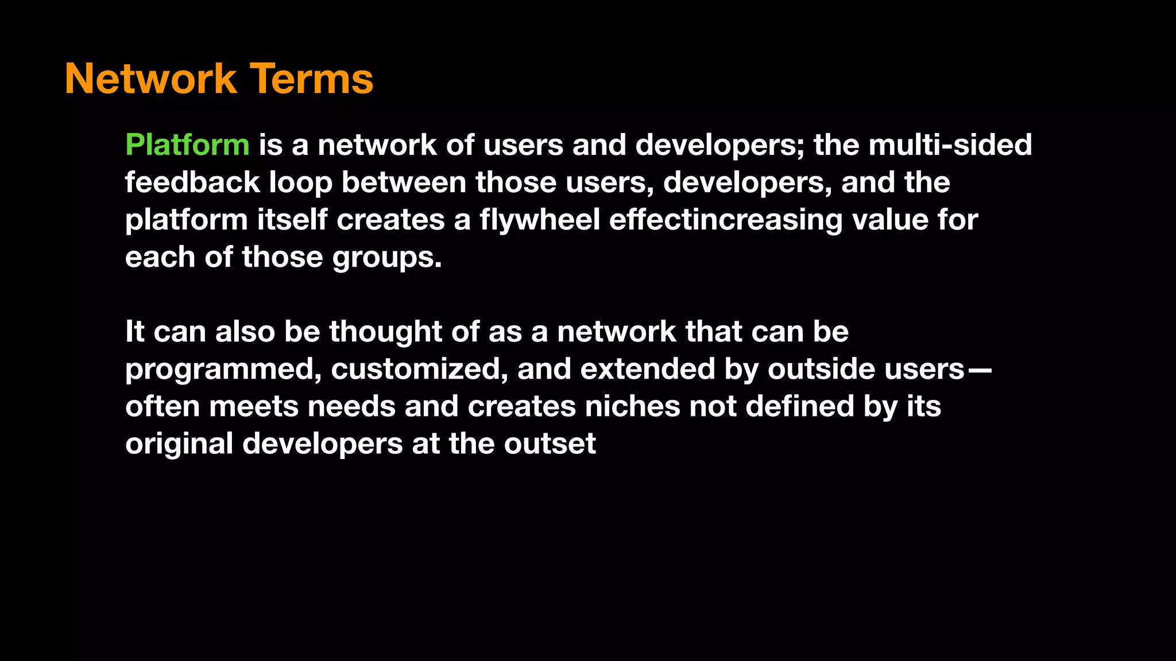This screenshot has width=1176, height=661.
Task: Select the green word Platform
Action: pyautogui.click(x=187, y=145)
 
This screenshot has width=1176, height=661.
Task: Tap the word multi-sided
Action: pyautogui.click(x=950, y=145)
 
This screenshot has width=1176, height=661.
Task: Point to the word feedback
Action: pyautogui.click(x=192, y=182)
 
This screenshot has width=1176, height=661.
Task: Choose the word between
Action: pyautogui.click(x=404, y=182)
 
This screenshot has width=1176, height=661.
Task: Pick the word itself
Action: pyautogui.click(x=292, y=220)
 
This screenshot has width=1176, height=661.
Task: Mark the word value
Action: pyautogui.click(x=889, y=220)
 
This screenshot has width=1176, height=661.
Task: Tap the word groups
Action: pyautogui.click(x=387, y=258)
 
